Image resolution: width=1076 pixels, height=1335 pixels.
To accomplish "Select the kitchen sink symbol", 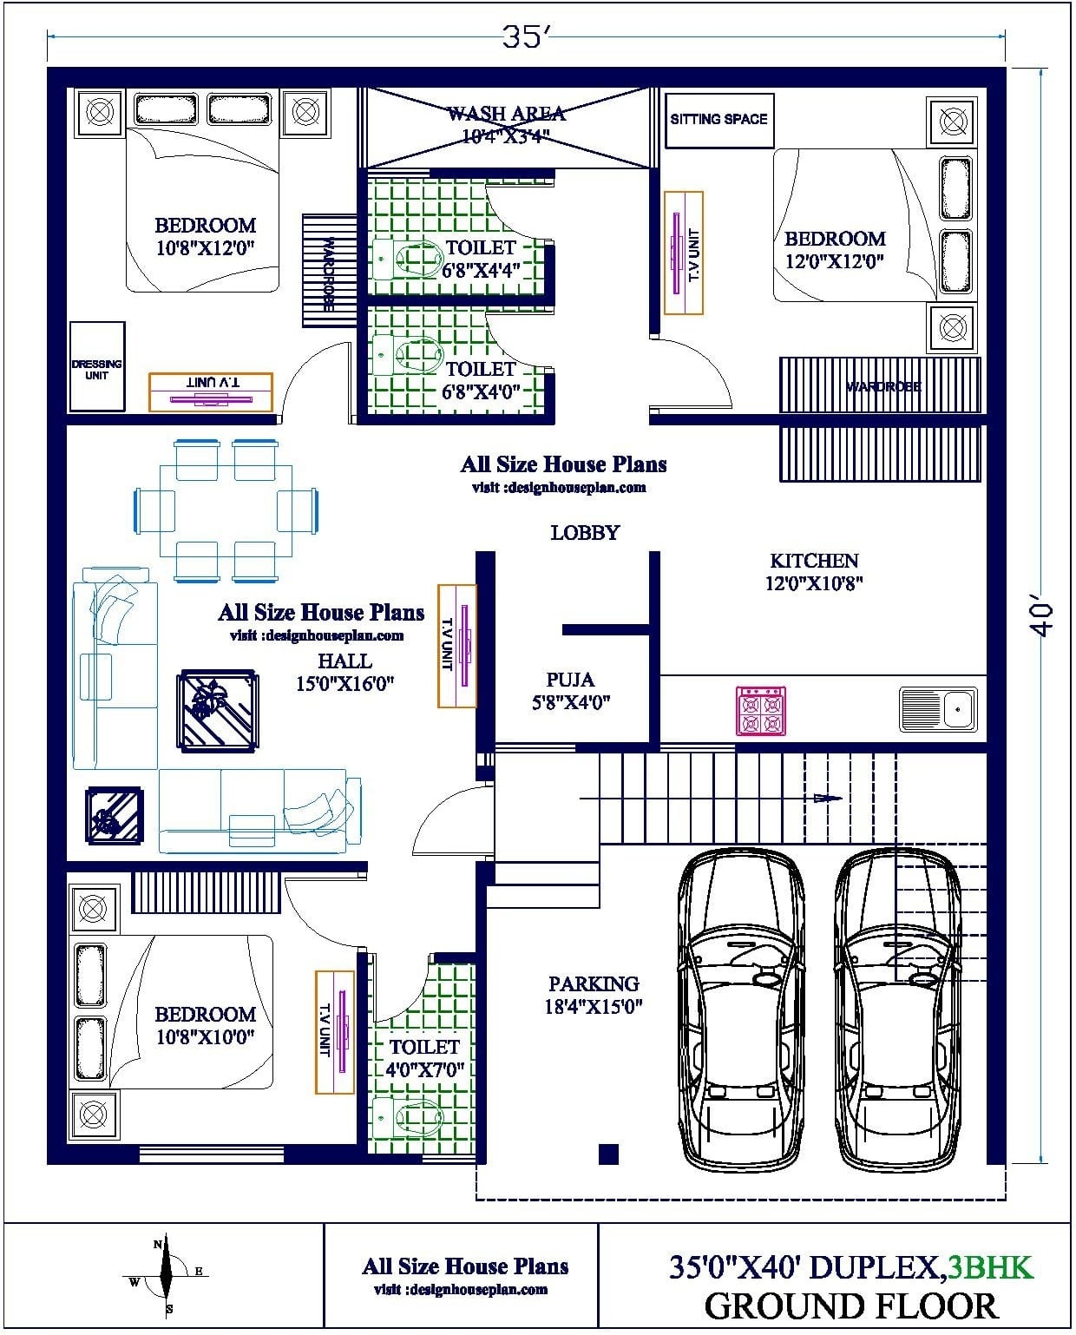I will click(937, 708).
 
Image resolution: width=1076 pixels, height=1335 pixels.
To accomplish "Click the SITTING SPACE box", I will click(718, 120).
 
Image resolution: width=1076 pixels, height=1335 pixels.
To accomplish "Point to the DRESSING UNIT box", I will click(96, 368).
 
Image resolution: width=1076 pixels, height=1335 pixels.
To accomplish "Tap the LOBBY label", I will click(585, 532).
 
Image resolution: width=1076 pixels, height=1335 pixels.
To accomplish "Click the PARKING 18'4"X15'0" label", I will click(594, 995).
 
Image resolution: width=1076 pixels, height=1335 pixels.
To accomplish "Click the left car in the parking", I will click(741, 1011).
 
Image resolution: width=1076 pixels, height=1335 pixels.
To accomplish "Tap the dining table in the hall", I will click(226, 510).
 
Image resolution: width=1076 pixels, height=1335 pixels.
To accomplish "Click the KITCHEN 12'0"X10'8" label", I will click(813, 571).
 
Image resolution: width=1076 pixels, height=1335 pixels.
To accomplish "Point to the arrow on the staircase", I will click(829, 798).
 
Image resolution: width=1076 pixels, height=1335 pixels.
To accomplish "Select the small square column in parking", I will click(608, 1154).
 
